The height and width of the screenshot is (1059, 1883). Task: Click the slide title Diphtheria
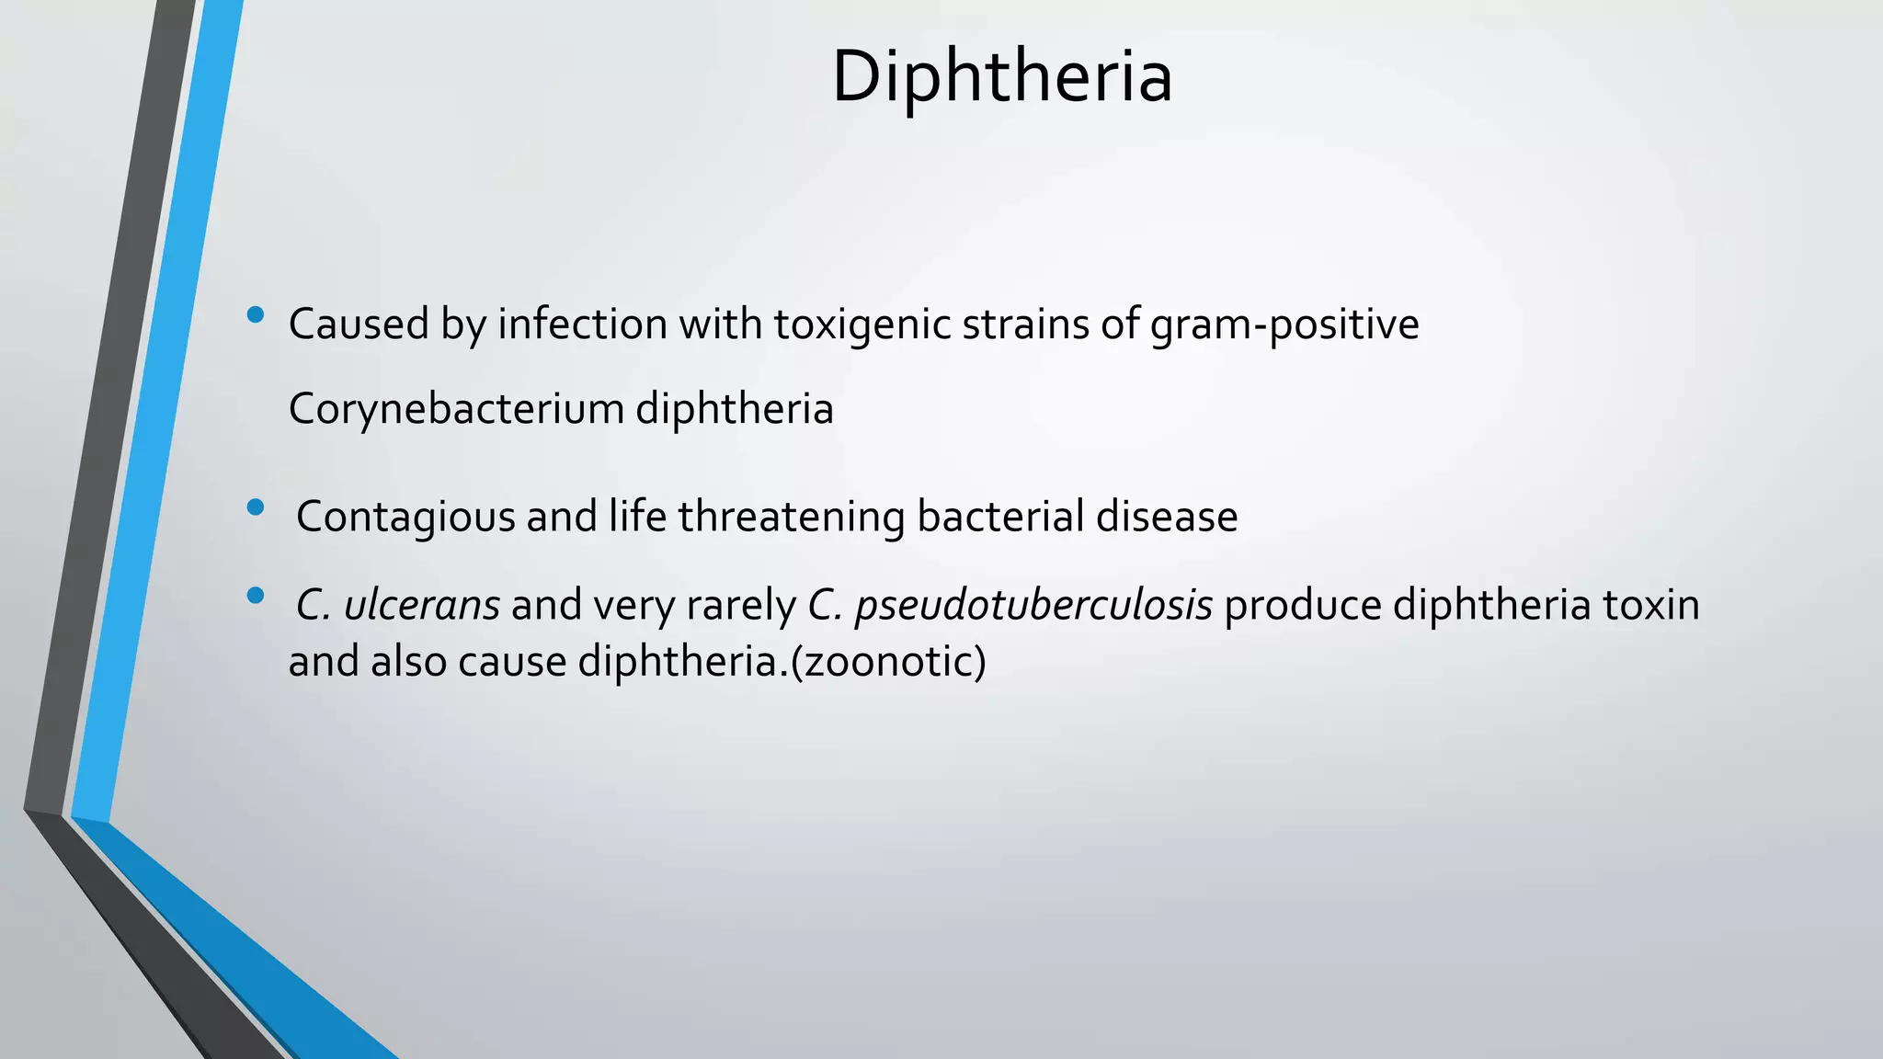click(1001, 76)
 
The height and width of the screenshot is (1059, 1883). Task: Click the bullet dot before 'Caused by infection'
click(256, 316)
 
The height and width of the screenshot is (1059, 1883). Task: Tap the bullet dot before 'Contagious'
click(256, 507)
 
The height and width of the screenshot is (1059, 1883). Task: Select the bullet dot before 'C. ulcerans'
click(256, 597)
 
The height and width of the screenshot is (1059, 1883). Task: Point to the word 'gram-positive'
click(1284, 325)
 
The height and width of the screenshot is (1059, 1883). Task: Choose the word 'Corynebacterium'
click(456, 409)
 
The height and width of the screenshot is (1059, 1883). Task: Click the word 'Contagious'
click(405, 517)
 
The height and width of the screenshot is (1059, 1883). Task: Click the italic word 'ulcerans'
click(421, 606)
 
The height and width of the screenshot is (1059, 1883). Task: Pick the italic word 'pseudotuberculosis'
click(1033, 606)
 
